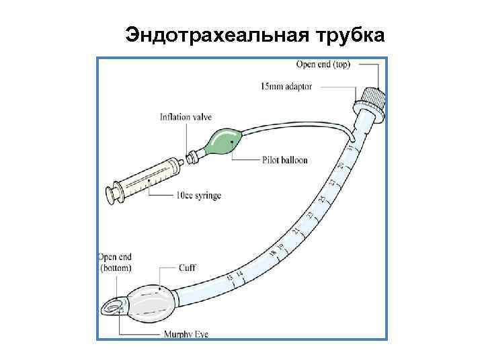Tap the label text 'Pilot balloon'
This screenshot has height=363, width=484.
pyautogui.click(x=285, y=161)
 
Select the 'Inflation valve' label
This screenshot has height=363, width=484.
pyautogui.click(x=186, y=117)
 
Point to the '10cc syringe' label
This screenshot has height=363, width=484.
pyautogui.click(x=198, y=196)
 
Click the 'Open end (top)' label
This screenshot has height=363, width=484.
pyautogui.click(x=327, y=65)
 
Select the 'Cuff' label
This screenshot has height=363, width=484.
pyautogui.click(x=188, y=268)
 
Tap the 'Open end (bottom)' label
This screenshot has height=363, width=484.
pyautogui.click(x=115, y=263)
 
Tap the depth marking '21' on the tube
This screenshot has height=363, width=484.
pyautogui.click(x=296, y=231)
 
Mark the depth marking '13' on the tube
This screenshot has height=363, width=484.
pyautogui.click(x=230, y=277)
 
